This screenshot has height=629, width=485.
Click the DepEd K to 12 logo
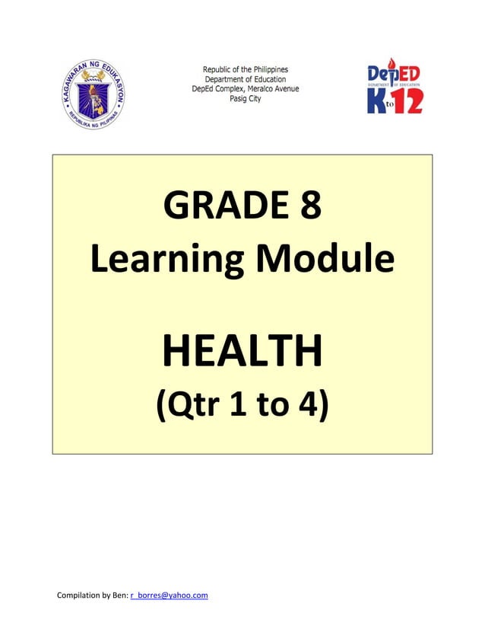395,88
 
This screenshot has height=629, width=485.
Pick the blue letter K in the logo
374,101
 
